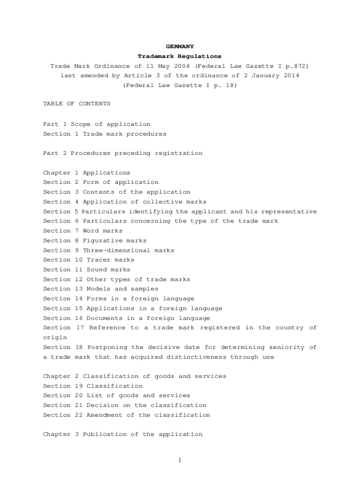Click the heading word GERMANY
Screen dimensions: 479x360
click(x=180, y=47)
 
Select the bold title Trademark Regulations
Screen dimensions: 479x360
click(x=180, y=57)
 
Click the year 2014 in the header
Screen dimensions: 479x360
click(x=291, y=76)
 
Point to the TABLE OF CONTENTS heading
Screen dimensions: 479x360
click(x=77, y=104)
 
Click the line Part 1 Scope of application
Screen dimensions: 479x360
click(x=97, y=124)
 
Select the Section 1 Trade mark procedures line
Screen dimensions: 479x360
click(x=105, y=134)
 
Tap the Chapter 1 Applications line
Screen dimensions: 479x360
click(x=86, y=173)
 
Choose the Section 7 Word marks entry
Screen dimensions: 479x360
click(x=83, y=231)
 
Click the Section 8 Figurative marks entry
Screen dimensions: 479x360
click(x=94, y=240)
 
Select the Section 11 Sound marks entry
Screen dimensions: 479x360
click(x=86, y=269)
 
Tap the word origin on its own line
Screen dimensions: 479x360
click(x=55, y=337)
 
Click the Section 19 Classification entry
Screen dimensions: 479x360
click(x=93, y=386)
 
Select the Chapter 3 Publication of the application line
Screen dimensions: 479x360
click(x=122, y=435)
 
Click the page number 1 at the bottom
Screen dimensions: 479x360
click(x=180, y=460)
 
